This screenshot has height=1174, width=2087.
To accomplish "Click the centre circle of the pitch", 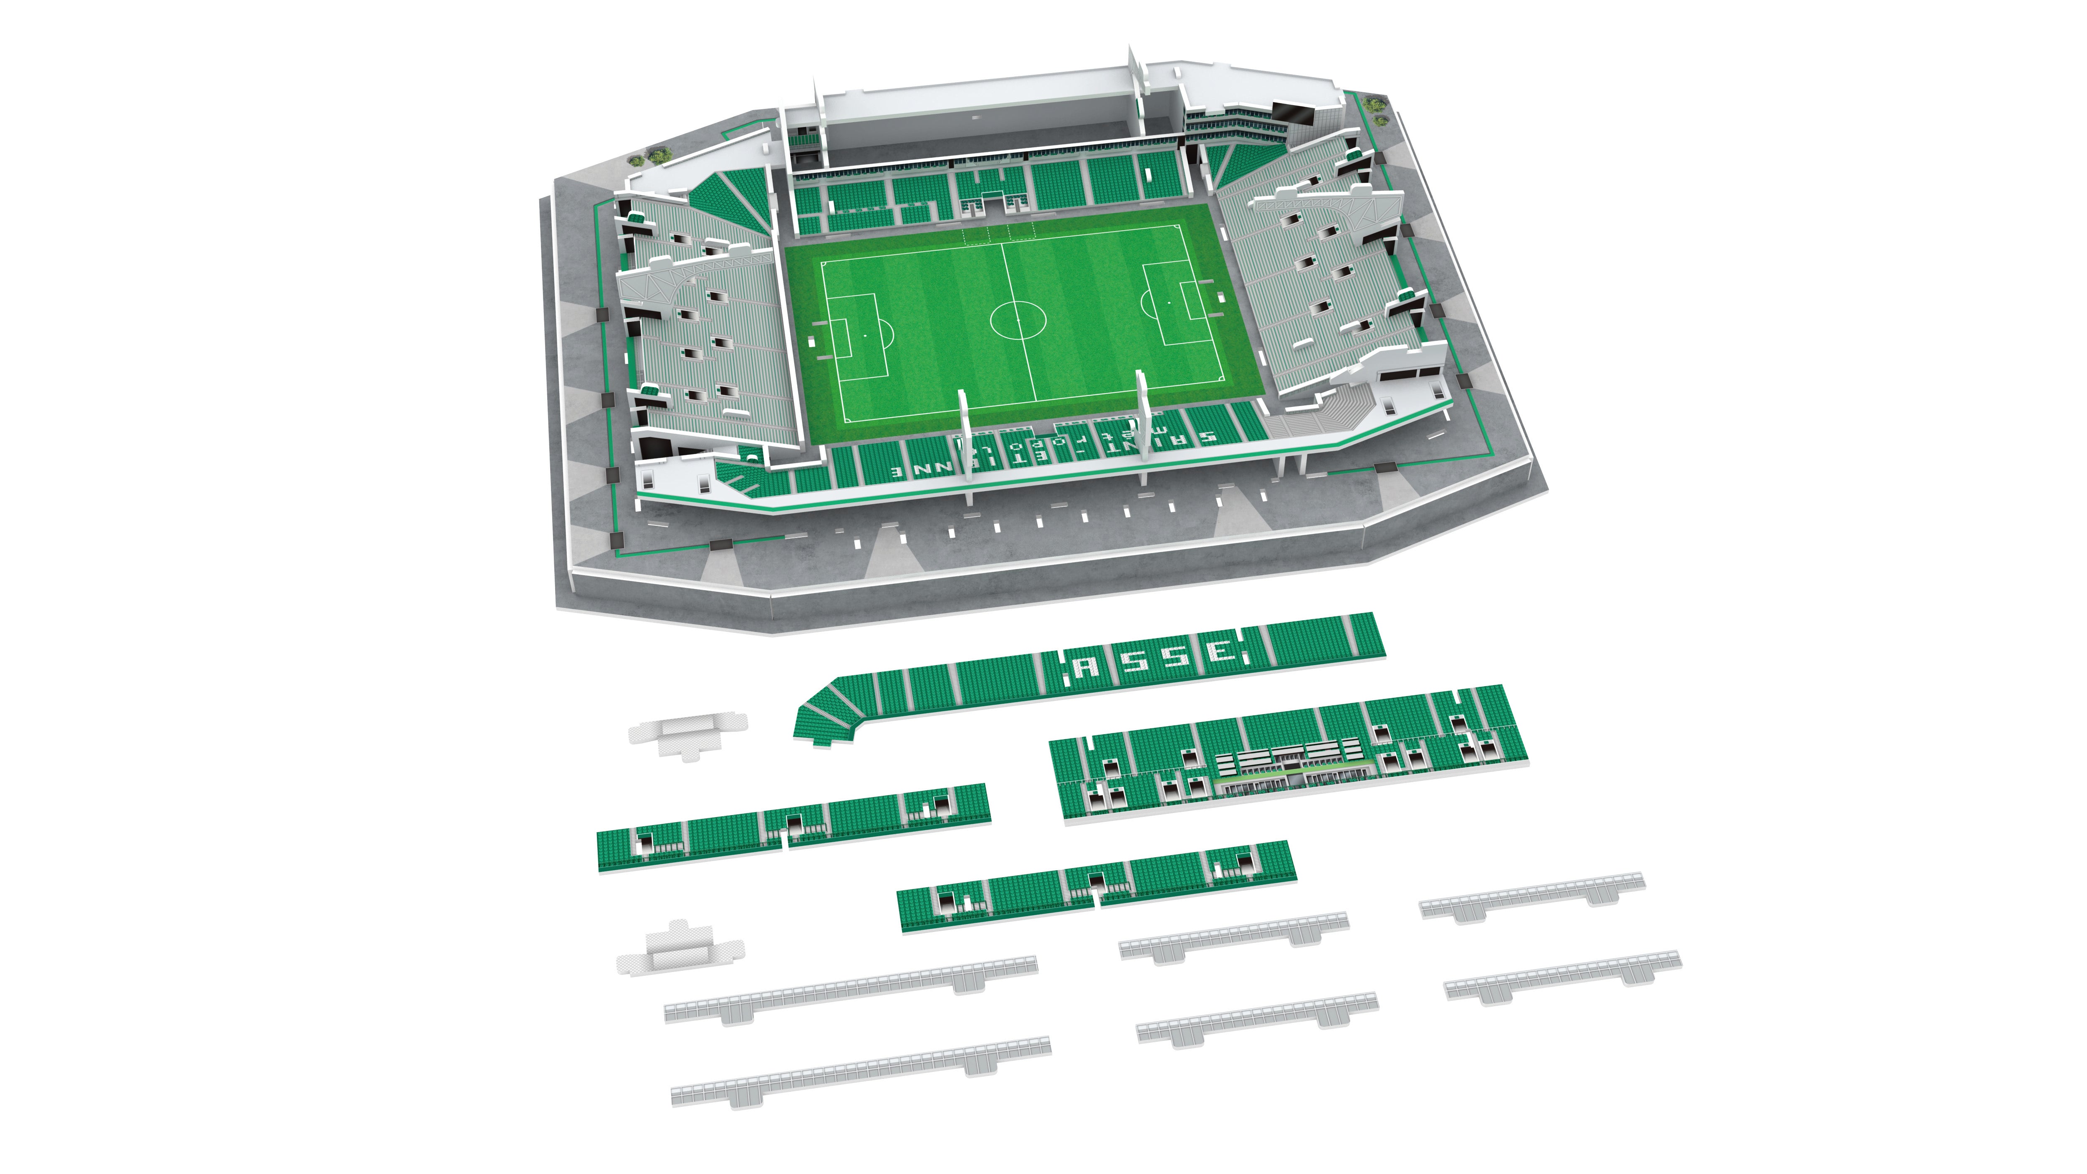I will [1018, 318].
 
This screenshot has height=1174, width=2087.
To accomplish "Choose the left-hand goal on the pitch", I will [817, 340].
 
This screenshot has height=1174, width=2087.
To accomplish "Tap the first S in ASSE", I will [1133, 661].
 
